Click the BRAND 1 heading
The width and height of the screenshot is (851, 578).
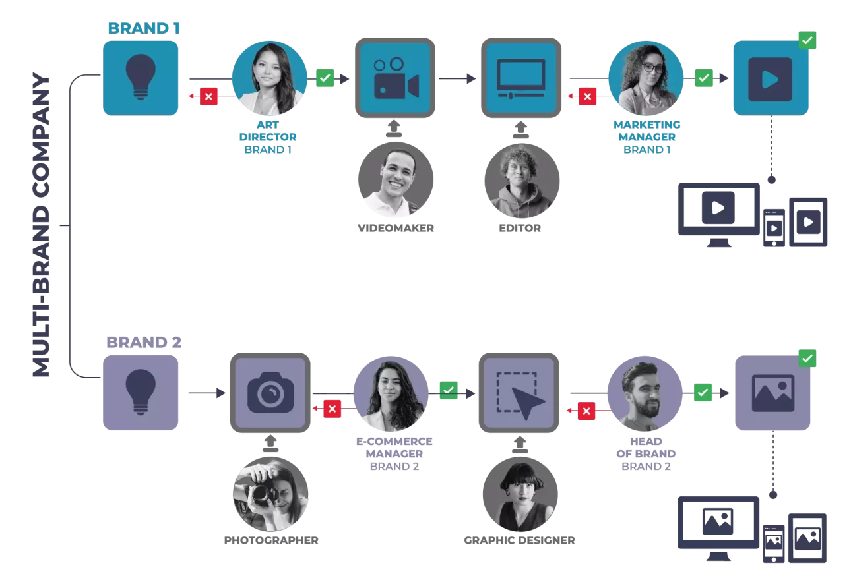click(x=144, y=28)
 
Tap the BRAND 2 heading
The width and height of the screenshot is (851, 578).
click(x=144, y=342)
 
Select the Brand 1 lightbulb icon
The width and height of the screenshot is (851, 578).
click(x=141, y=78)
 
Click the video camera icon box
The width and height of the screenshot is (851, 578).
click(x=395, y=78)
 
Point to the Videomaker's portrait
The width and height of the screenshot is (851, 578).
click(x=396, y=179)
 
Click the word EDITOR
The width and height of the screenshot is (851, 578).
click(x=520, y=228)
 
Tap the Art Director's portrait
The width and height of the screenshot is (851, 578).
click(x=269, y=78)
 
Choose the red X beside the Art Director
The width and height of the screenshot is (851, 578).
click(x=208, y=96)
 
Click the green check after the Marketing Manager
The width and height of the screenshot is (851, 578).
click(x=704, y=78)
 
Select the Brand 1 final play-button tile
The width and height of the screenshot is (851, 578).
click(x=771, y=78)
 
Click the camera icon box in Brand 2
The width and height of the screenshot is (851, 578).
click(x=270, y=393)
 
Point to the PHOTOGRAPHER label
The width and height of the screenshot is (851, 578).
click(x=271, y=540)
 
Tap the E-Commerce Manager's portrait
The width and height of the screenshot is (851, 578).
click(x=391, y=393)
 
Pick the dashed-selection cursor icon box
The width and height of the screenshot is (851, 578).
click(x=519, y=393)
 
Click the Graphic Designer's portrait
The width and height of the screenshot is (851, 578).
click(x=520, y=494)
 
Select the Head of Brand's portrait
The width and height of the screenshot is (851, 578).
click(x=645, y=393)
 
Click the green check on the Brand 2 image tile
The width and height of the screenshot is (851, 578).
click(x=807, y=359)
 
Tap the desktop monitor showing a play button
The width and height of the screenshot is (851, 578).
click(x=719, y=214)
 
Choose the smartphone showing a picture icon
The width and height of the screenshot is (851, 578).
click(x=774, y=544)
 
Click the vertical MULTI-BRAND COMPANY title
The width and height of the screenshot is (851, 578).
click(x=42, y=225)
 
